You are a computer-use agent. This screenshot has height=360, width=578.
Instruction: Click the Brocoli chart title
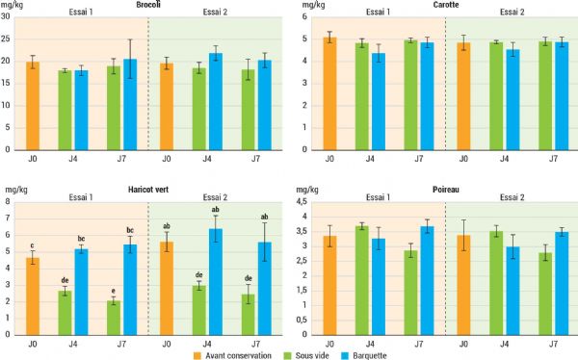[x=148, y=6]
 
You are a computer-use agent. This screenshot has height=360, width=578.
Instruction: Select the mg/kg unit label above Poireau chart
[x=303, y=190]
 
